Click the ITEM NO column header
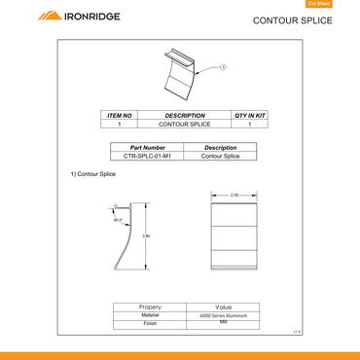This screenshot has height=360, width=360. pyautogui.click(x=119, y=115)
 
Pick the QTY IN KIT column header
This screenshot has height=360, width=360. pyautogui.click(x=250, y=115)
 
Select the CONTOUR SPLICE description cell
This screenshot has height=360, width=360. pyautogui.click(x=184, y=125)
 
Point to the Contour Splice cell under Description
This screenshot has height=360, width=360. pyautogui.click(x=221, y=156)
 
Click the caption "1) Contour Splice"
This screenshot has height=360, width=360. pyautogui.click(x=93, y=174)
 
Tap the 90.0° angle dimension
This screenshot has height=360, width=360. pyautogui.click(x=118, y=220)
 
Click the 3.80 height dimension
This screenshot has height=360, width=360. pyautogui.click(x=146, y=236)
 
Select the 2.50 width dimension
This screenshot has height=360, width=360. pyautogui.click(x=234, y=196)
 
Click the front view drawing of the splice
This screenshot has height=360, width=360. pyautogui.click(x=234, y=235)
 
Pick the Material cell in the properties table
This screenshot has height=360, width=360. pyautogui.click(x=151, y=315)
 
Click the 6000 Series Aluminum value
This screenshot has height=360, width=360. pyautogui.click(x=224, y=316)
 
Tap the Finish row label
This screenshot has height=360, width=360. pyautogui.click(x=151, y=324)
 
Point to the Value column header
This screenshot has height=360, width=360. pyautogui.click(x=224, y=306)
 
